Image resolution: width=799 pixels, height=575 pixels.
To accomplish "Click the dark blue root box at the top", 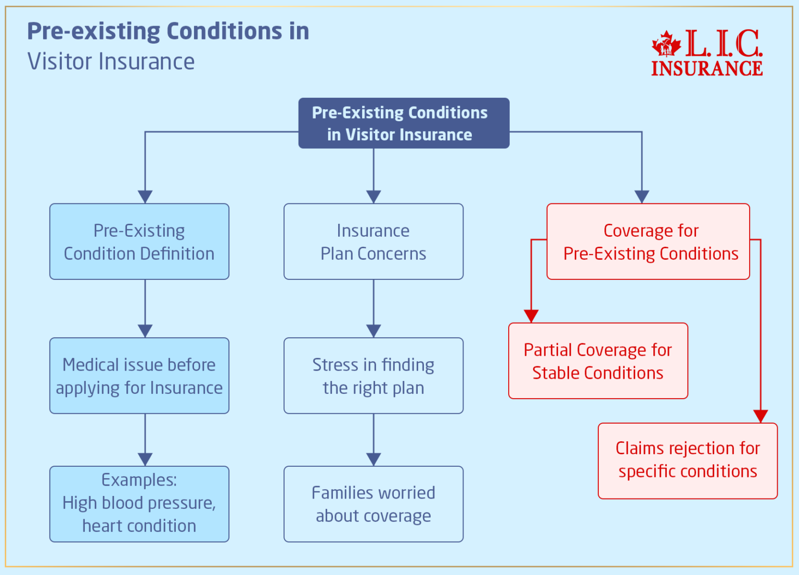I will tap(404, 123).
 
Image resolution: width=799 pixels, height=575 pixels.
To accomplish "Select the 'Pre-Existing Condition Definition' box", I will tap(139, 241).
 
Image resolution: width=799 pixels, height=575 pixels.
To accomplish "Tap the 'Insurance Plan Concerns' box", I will tap(373, 241).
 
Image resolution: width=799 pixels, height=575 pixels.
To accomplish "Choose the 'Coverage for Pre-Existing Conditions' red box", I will tap(648, 241).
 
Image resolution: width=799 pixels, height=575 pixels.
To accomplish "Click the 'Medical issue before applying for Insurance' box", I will tap(139, 376).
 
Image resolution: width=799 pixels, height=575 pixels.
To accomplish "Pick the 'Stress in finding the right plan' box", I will tap(373, 376).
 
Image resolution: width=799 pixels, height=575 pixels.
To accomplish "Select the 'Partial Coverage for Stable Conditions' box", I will tap(598, 361).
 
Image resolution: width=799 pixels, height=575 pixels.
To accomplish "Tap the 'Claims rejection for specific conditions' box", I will tap(688, 461).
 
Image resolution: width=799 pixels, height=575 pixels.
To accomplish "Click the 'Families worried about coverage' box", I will tap(373, 504).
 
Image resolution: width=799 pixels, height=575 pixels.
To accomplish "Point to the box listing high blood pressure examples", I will tap(139, 504).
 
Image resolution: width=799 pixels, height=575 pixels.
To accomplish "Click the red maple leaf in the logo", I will tap(666, 44).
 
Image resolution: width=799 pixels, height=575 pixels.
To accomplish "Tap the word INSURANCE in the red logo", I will tap(707, 69).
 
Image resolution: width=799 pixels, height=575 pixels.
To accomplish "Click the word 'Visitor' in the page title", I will tap(60, 61).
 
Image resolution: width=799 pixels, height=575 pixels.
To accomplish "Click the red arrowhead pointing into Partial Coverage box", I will tap(531, 316).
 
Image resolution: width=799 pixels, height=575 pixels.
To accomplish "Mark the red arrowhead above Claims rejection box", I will tap(761, 416).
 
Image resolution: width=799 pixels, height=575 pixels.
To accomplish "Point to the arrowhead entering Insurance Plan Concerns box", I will tap(373, 196).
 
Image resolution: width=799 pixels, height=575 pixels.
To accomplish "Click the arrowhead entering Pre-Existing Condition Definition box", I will tap(145, 196).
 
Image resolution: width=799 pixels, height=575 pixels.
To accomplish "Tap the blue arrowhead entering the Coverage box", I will tap(642, 196).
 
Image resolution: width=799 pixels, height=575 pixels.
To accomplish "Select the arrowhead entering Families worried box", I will tap(373, 459).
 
